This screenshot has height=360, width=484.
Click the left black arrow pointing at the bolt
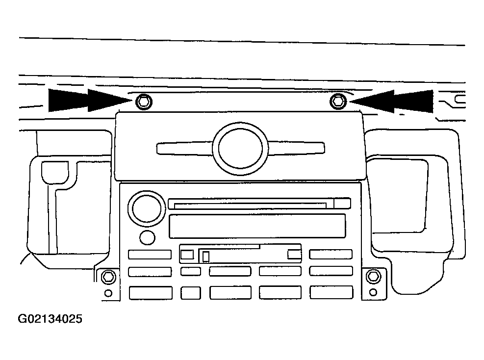coord(90,101)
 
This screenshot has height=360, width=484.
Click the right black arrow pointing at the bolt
coord(391,101)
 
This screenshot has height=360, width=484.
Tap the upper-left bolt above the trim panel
coord(144,101)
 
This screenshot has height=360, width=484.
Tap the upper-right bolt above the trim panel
coord(338,101)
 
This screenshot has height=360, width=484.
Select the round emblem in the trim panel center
coord(240,148)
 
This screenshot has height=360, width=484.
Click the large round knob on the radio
coord(147,208)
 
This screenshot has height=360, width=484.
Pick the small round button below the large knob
coord(147,237)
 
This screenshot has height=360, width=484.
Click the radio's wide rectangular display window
coord(257,226)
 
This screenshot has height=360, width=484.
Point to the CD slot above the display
coord(259,204)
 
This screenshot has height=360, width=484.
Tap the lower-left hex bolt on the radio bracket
coord(108,277)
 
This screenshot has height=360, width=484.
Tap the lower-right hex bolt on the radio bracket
coord(373,276)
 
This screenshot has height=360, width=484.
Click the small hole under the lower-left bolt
coord(108,293)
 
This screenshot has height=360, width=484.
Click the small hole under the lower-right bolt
coord(373,292)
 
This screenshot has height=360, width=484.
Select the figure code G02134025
coord(50,319)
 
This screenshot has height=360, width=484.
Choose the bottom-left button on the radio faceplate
coord(151,293)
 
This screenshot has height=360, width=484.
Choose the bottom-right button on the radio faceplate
coord(331,292)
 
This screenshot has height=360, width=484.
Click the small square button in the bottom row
coord(190,293)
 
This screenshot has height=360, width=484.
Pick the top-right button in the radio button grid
coord(331,254)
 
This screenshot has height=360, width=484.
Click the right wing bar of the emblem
coord(296,148)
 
